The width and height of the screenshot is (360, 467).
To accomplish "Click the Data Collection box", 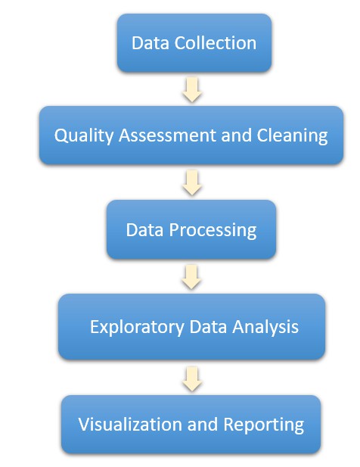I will tap(194, 42).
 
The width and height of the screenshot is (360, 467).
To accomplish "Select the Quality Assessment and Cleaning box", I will tap(191, 135).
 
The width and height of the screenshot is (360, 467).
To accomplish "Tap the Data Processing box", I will tap(191, 229).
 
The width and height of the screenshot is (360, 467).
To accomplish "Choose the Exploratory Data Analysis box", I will tap(192, 327).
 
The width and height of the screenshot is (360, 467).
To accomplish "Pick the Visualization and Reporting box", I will tap(191, 423).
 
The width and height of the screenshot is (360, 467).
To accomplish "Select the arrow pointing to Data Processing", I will tap(192, 182).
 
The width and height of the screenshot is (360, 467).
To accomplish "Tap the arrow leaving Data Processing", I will tap(192, 277).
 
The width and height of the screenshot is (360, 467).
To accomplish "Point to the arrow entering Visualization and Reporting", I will tap(192, 376).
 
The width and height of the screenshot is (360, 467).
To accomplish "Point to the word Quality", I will tap(78, 136).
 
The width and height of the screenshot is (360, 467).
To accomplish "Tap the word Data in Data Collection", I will tap(148, 42).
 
